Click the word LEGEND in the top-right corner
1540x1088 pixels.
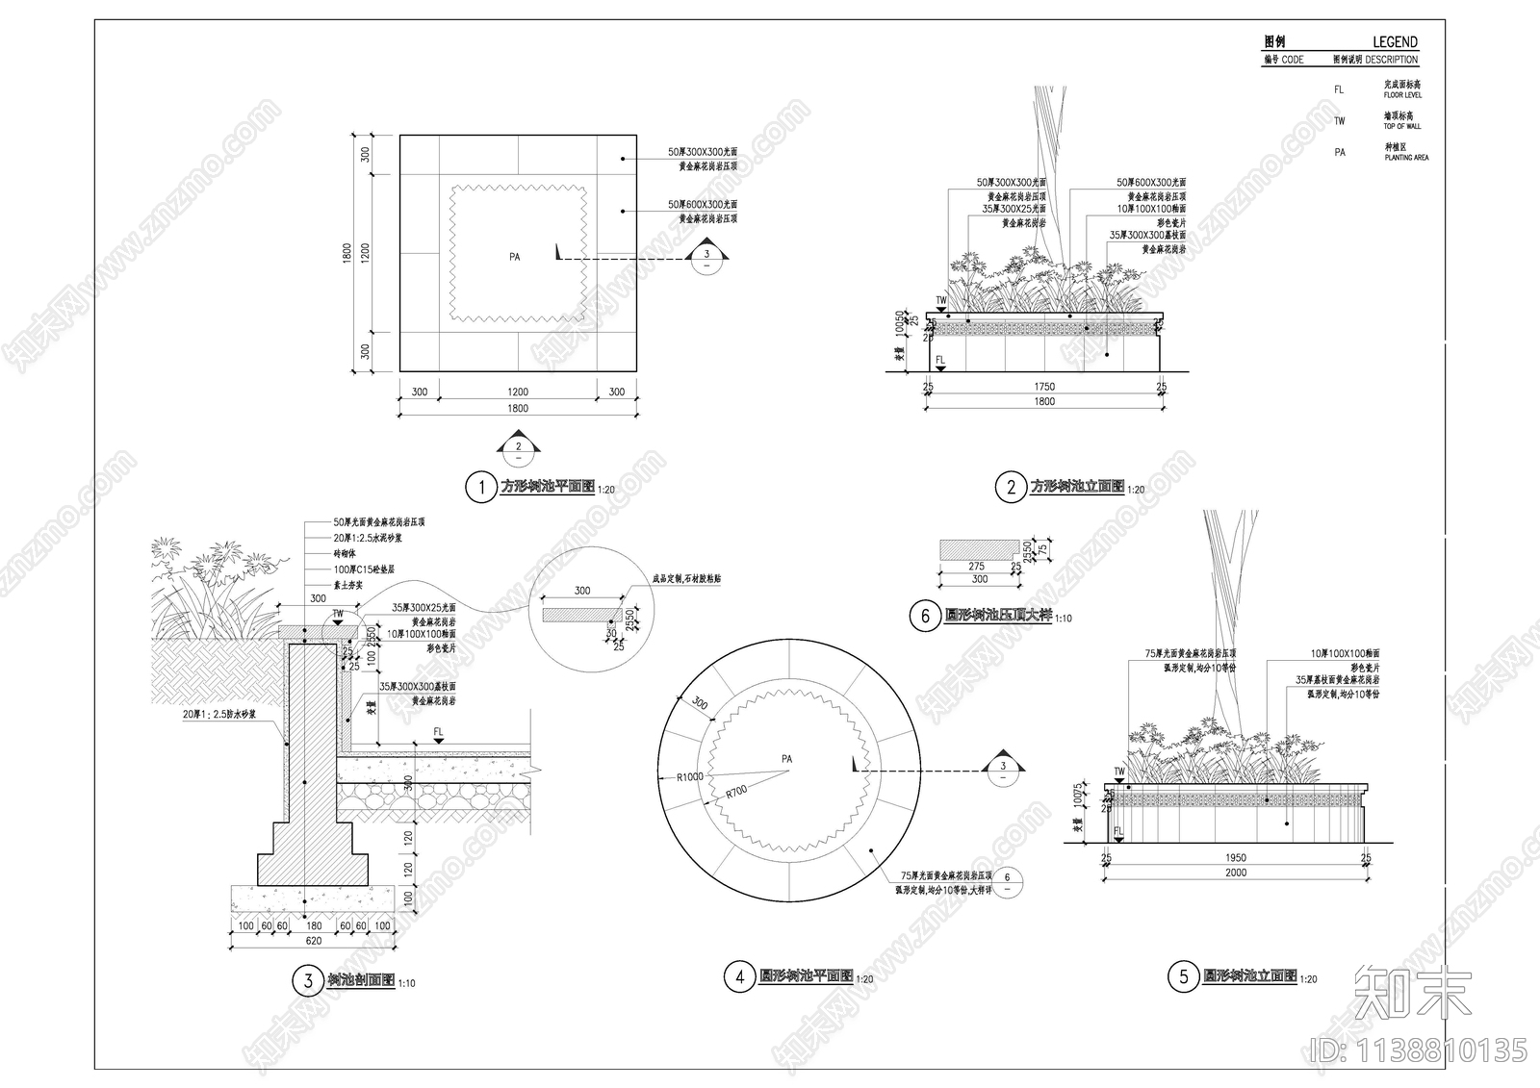pos(1395,42)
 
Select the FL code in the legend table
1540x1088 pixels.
pos(1339,89)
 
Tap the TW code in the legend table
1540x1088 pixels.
pos(1340,121)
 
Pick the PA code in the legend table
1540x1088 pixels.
pos(1340,152)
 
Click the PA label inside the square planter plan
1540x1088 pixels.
pos(515,257)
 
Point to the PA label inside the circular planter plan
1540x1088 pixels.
pos(787,759)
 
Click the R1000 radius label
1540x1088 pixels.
pos(689,776)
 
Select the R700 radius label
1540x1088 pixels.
pos(736,792)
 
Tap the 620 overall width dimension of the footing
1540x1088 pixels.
pos(314,941)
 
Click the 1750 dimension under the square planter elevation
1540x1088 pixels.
pos(1044,387)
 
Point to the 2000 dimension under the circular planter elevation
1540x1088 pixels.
pos(1236,873)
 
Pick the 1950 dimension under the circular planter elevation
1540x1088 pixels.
pos(1236,857)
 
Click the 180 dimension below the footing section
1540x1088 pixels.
pos(314,926)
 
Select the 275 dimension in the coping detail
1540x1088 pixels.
pos(976,567)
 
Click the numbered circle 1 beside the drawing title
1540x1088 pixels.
pos(480,487)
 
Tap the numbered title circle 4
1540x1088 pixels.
pos(739,977)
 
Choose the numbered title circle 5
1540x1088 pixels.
pos(1183,977)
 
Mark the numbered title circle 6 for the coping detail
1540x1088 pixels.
pos(925,616)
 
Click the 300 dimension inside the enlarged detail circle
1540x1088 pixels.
pos(582,591)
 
